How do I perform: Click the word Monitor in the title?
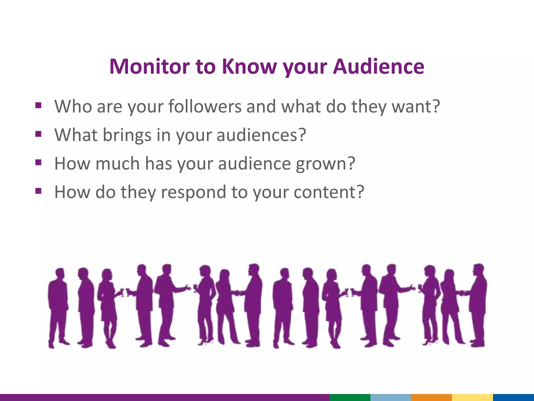point(149,67)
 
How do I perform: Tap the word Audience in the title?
point(379,67)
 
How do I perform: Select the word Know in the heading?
point(249,67)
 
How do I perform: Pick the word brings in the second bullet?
point(127,135)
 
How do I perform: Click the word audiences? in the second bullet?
point(261,135)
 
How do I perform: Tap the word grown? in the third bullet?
point(325,164)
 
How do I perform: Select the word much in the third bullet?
point(117,164)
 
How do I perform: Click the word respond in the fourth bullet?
point(193,192)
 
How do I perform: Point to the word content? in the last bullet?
point(329,192)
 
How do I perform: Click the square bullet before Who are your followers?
point(38,105)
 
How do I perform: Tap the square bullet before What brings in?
point(38,134)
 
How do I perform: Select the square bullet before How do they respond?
point(38,191)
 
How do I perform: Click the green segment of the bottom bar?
point(350,397)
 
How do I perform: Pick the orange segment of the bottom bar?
point(431,397)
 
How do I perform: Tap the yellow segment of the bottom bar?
point(472,397)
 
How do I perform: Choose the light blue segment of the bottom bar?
point(390,397)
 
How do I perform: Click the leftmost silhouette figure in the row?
point(58,305)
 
